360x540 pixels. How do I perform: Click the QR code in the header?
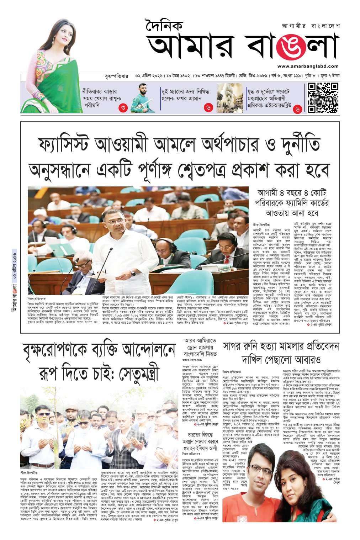click(x=323, y=97)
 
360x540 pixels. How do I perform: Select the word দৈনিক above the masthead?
click(x=164, y=26)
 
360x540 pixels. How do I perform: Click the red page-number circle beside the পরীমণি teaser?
click(x=123, y=107)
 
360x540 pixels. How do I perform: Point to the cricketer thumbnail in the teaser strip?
click(x=143, y=97)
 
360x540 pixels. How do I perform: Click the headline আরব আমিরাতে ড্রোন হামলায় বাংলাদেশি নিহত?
click(x=200, y=347)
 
